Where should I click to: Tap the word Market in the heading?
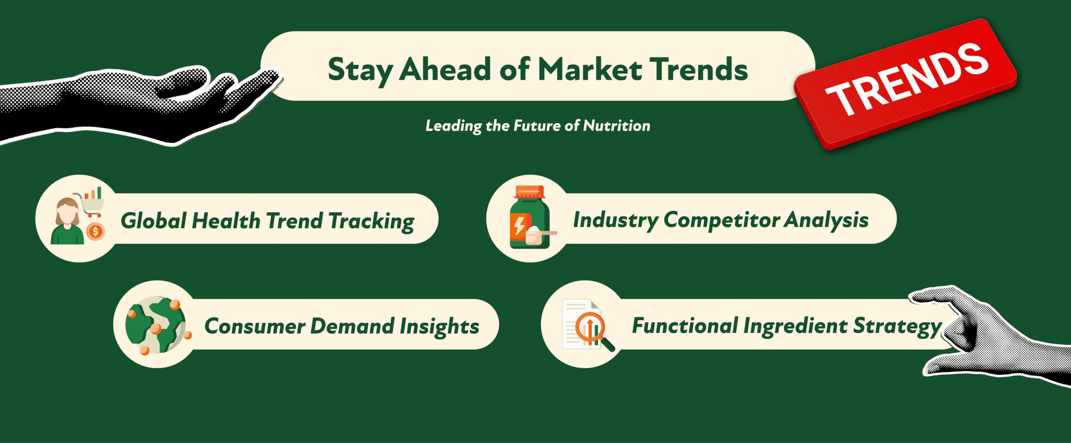pyautogui.click(x=589, y=69)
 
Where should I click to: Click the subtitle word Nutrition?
pyautogui.click(x=617, y=126)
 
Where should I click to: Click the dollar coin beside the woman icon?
pyautogui.click(x=95, y=232)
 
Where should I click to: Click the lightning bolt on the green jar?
pyautogui.click(x=520, y=226)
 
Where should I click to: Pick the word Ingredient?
pyautogui.click(x=795, y=326)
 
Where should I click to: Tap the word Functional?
pyautogui.click(x=685, y=326)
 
